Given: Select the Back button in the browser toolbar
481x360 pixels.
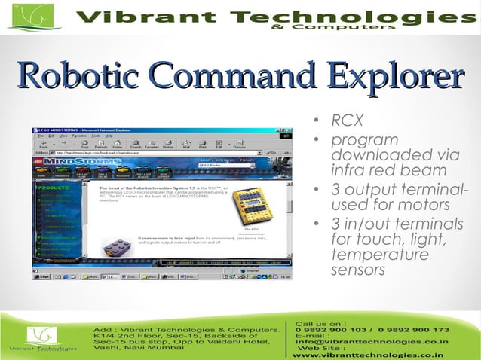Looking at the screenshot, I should click(x=41, y=144).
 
